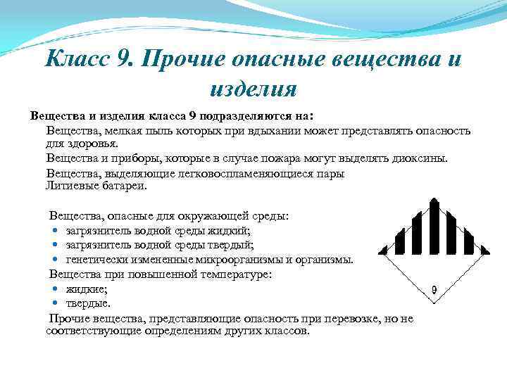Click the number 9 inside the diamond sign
click(434, 289)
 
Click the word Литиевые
click(70, 186)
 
